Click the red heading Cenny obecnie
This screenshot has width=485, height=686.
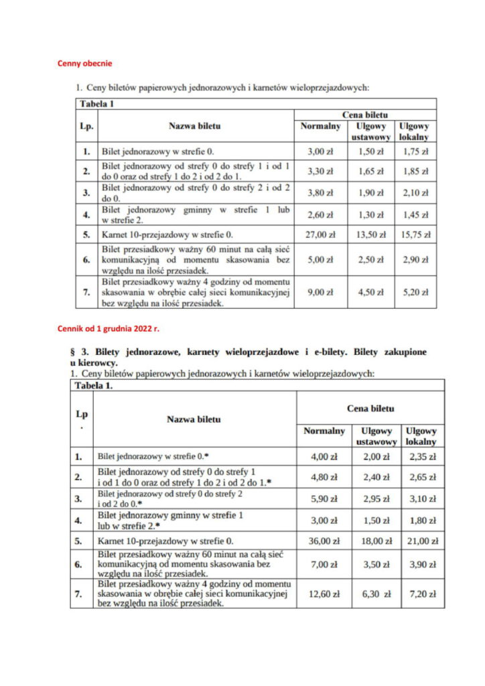(x=84, y=64)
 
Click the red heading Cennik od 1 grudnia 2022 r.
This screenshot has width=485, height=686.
(x=109, y=329)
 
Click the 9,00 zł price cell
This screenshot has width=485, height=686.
(x=320, y=291)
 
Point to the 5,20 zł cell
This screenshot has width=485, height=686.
(x=415, y=291)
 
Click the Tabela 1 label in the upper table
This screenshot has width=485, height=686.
(x=97, y=104)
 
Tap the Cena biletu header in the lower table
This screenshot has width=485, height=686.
(x=370, y=408)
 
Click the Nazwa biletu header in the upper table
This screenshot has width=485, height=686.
(x=194, y=125)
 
